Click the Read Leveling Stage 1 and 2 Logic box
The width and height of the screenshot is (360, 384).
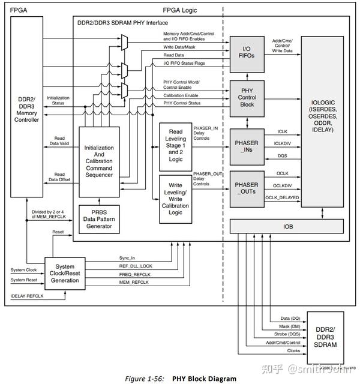click(175, 145)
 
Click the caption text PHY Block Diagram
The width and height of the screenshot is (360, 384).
click(203, 378)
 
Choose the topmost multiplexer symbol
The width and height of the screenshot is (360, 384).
click(124, 41)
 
